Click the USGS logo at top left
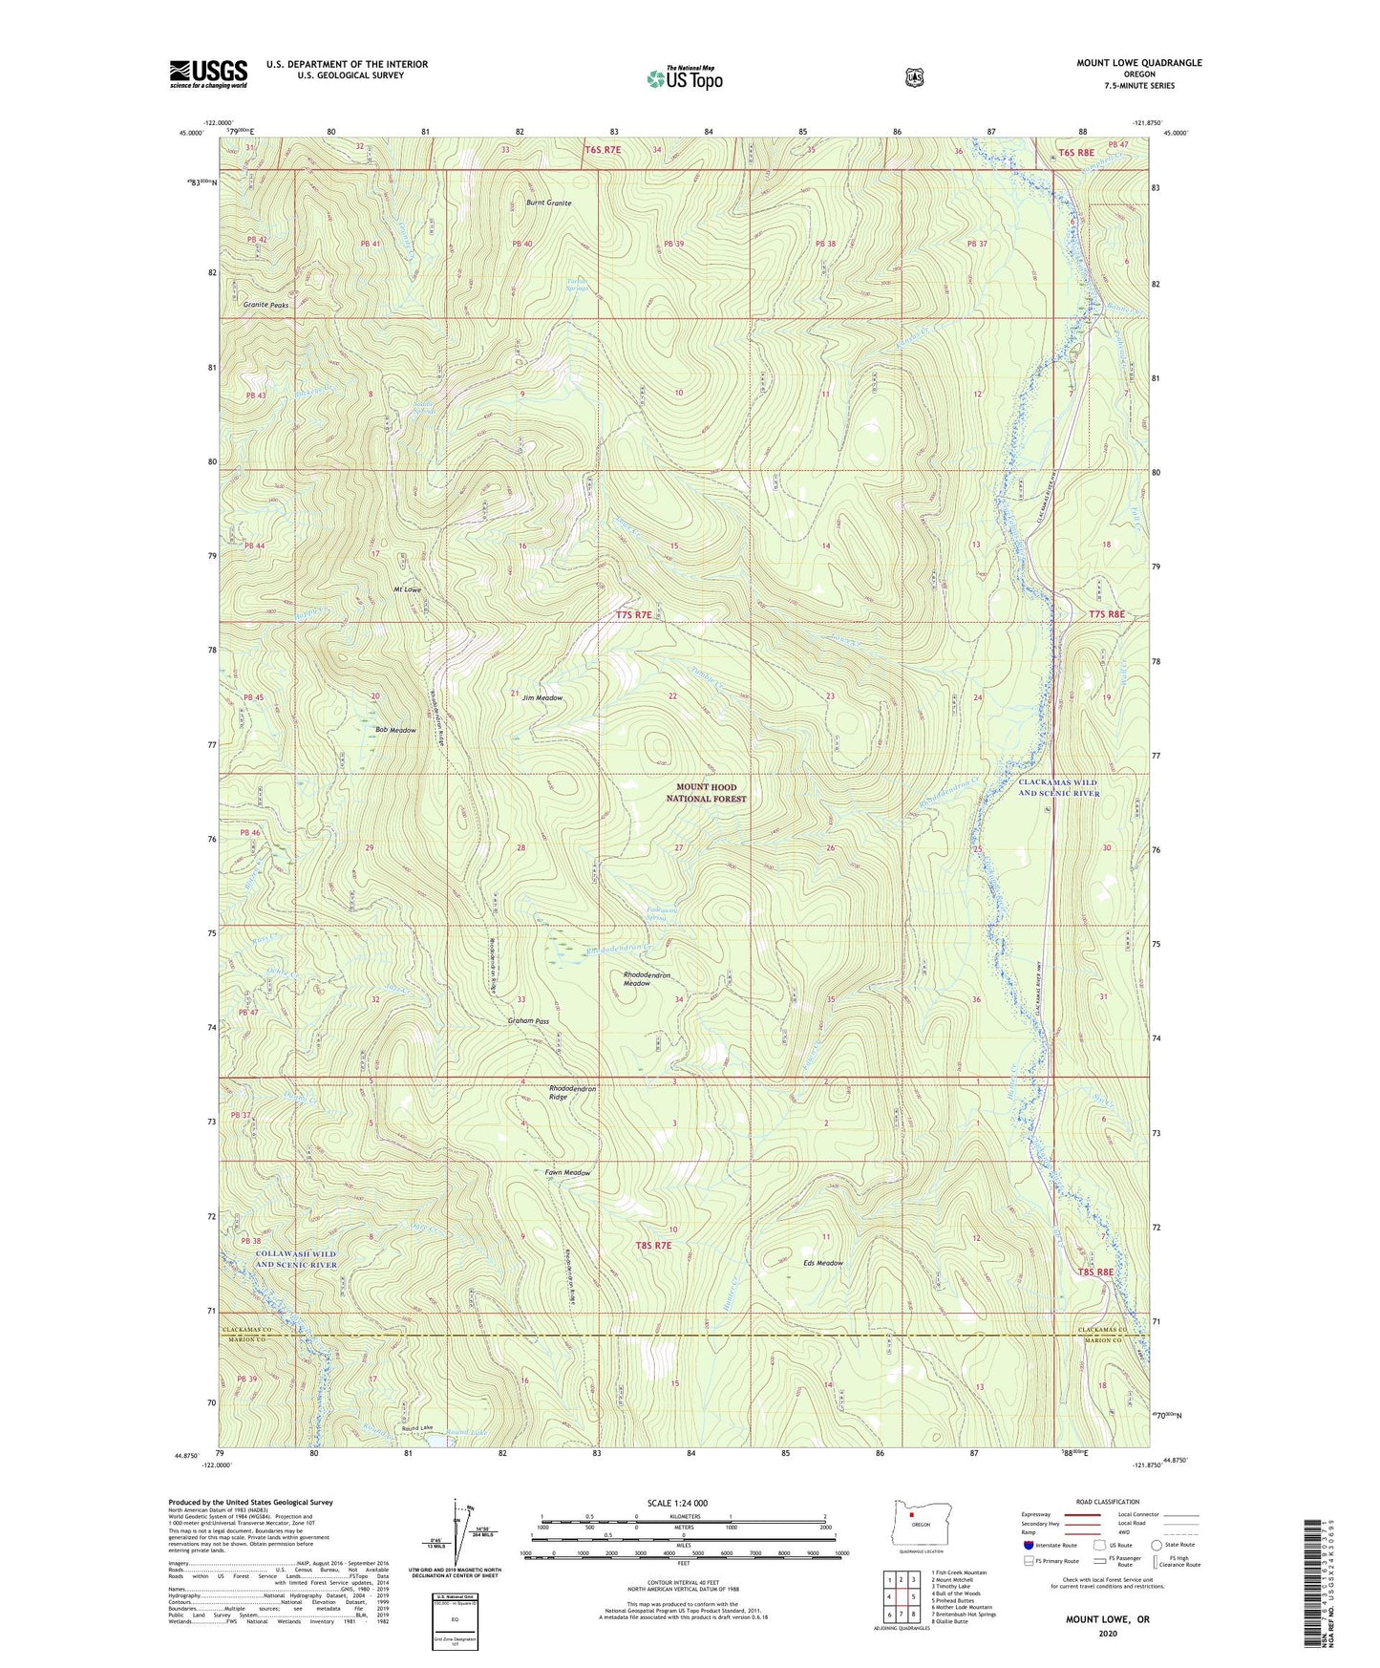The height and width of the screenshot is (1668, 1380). pyautogui.click(x=208, y=74)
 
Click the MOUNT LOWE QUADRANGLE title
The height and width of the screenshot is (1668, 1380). pyautogui.click(x=1138, y=63)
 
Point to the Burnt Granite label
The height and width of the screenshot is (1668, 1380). pyautogui.click(x=548, y=203)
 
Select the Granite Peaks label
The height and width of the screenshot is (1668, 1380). pyautogui.click(x=265, y=305)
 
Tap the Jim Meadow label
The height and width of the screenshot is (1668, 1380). pyautogui.click(x=541, y=698)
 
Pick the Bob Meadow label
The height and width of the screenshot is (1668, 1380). pyautogui.click(x=395, y=730)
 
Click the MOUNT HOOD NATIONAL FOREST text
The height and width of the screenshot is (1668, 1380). pyautogui.click(x=706, y=793)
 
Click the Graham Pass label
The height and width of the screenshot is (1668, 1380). pyautogui.click(x=528, y=1021)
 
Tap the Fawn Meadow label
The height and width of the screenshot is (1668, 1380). pyautogui.click(x=567, y=1173)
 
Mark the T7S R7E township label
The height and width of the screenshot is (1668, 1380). pyautogui.click(x=633, y=615)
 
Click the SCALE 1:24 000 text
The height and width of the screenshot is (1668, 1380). pyautogui.click(x=677, y=1503)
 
